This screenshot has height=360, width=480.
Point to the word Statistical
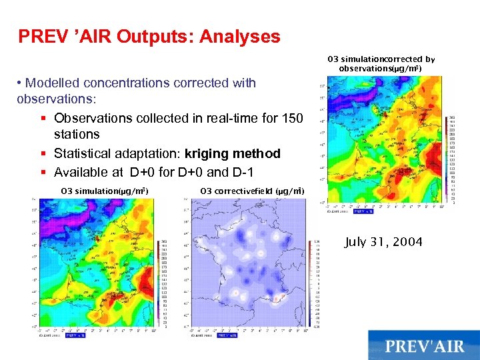pos(87,154)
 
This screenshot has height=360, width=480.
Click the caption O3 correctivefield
pos(252,191)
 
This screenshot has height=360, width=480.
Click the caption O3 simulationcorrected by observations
pos(381,63)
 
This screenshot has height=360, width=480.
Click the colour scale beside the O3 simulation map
pos(165,283)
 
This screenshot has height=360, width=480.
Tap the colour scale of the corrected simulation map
pos(453,156)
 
